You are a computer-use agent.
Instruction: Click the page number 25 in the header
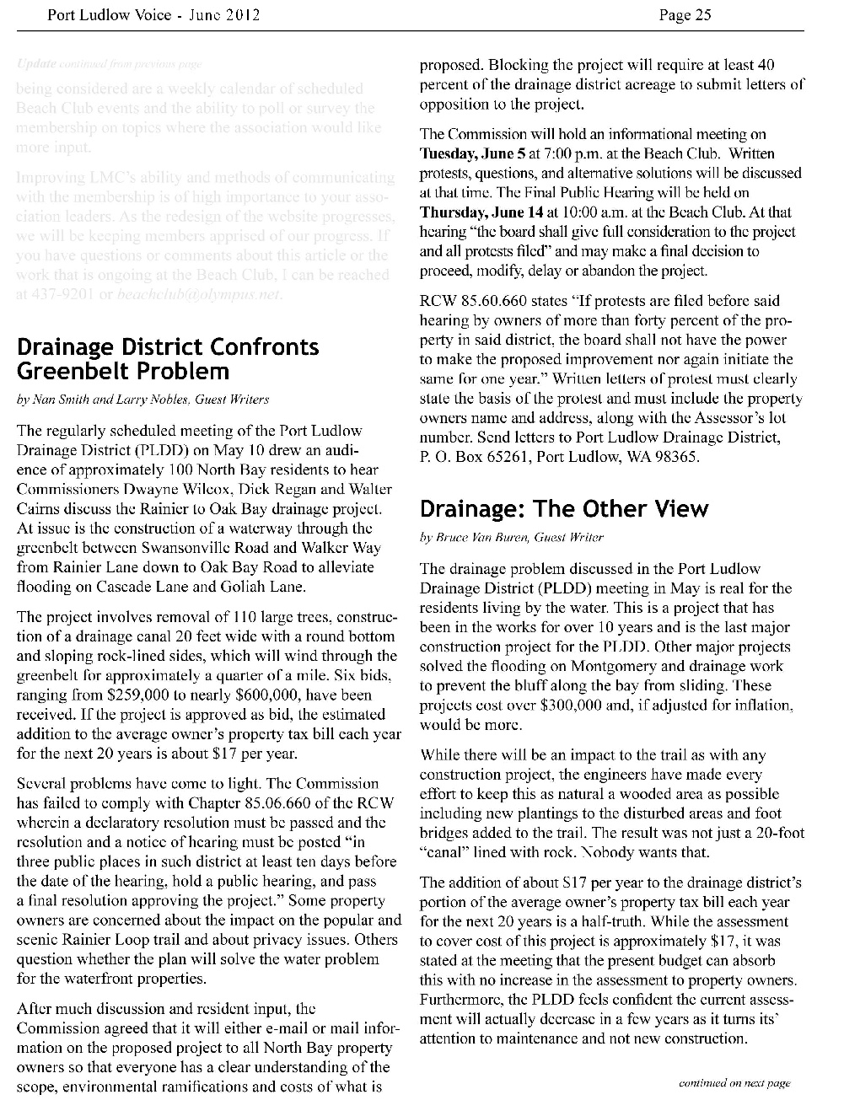point(703,14)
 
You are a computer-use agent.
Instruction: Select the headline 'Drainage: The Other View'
point(563,509)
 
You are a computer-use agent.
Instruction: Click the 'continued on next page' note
point(734,1083)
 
